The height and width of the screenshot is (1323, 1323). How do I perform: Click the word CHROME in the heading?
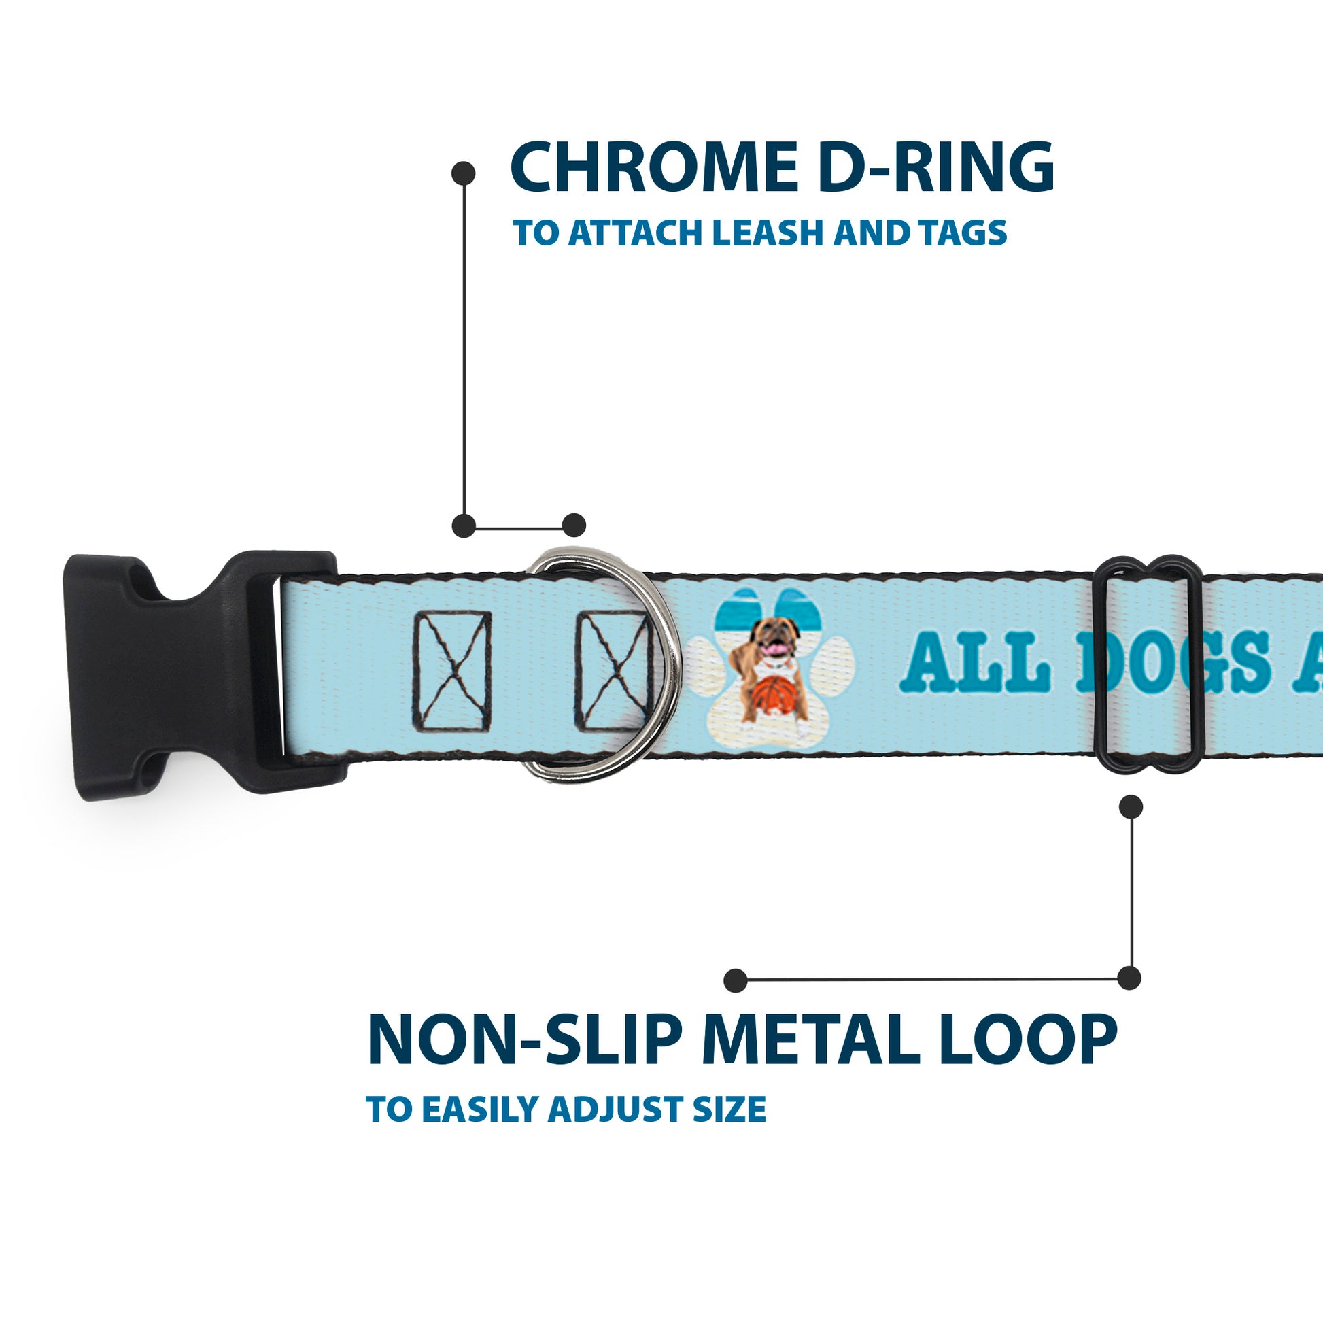click(x=653, y=168)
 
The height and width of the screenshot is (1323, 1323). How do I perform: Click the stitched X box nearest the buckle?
click(x=451, y=672)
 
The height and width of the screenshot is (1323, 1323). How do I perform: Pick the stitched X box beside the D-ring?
click(x=611, y=672)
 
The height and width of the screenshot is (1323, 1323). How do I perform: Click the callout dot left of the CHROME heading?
click(x=464, y=173)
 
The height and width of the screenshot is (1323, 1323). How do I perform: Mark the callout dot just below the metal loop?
click(x=1131, y=807)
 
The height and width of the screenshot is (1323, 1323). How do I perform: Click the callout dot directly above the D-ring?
click(x=574, y=526)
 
